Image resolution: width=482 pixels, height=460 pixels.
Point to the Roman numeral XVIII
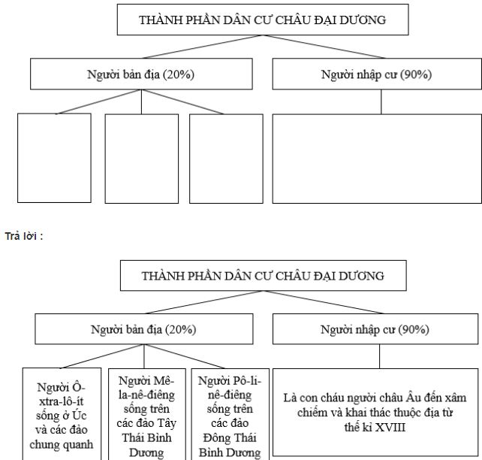(x=405, y=425)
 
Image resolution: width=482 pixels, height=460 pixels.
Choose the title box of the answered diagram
(x=264, y=275)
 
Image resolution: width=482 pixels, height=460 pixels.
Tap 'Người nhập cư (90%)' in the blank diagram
(x=376, y=74)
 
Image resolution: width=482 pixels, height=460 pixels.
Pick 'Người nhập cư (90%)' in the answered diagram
(x=376, y=329)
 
